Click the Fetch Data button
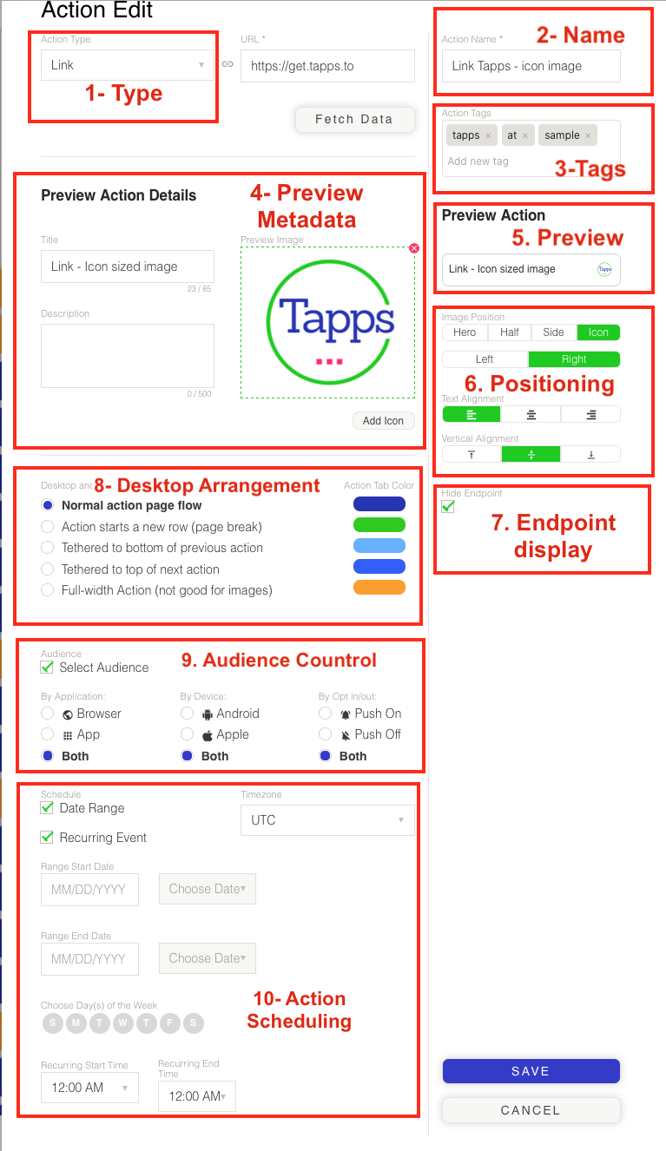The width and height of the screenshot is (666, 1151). pos(353,119)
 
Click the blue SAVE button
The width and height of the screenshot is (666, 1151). pos(531,1071)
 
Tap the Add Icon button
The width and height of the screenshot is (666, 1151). pos(383,420)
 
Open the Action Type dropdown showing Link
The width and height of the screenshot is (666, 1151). pos(128,65)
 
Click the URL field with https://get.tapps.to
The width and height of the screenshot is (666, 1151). pos(327,65)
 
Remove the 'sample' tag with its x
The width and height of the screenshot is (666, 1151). pos(588,135)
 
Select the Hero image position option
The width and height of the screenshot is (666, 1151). pos(465,332)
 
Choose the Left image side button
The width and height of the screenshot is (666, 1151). pos(485,359)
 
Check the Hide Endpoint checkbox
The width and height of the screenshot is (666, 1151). pos(448,506)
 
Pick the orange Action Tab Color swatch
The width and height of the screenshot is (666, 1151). pos(379,588)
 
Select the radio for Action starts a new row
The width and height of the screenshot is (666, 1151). pos(49,527)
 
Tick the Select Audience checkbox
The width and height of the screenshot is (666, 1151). pos(48,668)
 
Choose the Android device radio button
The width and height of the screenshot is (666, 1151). pos(187,714)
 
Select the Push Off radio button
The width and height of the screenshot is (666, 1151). pos(326,734)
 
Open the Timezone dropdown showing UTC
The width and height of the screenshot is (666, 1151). pos(327,820)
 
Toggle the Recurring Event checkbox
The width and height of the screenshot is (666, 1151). pos(48,838)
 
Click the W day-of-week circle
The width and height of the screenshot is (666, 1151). pos(123,1023)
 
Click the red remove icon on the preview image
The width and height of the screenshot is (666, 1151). pos(414,248)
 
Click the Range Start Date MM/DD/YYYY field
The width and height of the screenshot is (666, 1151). pos(89,890)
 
